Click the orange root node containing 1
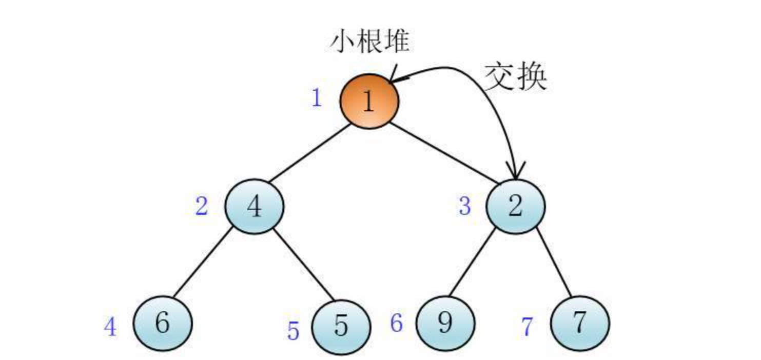[369, 101]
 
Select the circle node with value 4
[254, 206]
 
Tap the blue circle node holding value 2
[516, 206]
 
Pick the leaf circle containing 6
[163, 324]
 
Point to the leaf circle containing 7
[580, 324]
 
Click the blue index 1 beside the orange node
[317, 97]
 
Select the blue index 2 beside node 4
[202, 207]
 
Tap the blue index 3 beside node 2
[464, 206]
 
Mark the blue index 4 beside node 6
[110, 327]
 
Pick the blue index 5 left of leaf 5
[293, 331]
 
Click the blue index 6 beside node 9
[397, 324]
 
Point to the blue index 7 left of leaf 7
[528, 327]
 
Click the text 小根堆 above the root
[369, 41]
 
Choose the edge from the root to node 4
[307, 155]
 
